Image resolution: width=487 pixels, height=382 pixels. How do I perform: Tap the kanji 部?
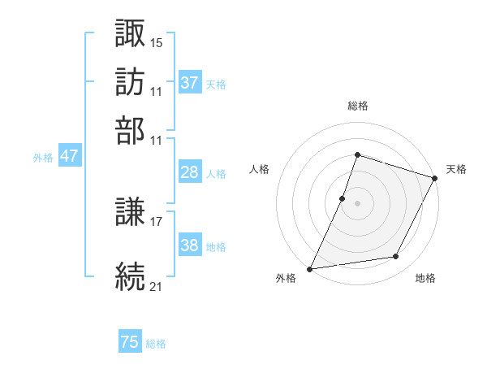[131, 131]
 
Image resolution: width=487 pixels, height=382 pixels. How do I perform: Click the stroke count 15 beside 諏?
[157, 41]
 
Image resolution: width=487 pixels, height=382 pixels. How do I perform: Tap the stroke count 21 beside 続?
[157, 286]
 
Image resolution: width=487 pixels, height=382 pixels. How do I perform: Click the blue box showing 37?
[189, 82]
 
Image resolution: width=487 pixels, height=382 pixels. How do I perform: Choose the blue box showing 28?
[189, 172]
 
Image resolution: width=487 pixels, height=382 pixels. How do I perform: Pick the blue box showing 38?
[189, 245]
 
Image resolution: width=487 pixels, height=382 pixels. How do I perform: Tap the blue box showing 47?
[69, 156]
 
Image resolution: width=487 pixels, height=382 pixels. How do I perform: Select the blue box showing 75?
[130, 343]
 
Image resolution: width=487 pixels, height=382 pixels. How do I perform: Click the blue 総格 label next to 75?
[156, 344]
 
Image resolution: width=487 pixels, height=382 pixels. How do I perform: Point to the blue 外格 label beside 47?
[43, 158]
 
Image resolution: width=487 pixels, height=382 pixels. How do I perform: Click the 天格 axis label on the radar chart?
[456, 169]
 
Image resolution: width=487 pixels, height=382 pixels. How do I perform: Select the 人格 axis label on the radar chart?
[259, 169]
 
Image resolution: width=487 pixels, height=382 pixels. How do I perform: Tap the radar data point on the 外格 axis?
[310, 268]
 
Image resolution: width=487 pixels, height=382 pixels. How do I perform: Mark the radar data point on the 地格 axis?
[396, 257]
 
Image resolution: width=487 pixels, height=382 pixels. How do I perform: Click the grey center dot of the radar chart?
[357, 202]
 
